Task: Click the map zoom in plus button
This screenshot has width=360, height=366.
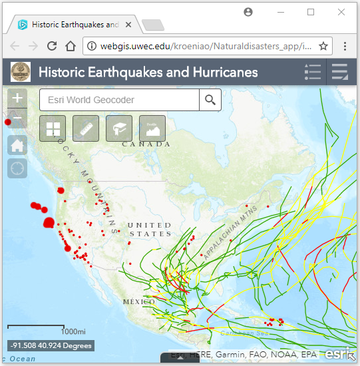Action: point(17,98)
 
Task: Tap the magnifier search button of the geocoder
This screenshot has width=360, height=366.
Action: point(210,100)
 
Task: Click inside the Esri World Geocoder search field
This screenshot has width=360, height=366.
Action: point(120,100)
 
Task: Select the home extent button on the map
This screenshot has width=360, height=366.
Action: point(17,144)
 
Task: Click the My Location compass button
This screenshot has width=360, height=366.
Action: point(17,168)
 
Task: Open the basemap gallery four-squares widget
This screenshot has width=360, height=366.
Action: point(53,128)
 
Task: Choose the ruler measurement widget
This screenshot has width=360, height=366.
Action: point(86,128)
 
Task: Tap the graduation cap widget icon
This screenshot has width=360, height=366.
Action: point(119,128)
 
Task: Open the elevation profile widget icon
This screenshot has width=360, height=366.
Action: point(152,128)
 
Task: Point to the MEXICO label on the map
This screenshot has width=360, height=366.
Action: point(139,301)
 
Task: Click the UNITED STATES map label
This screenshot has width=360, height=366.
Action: point(150,230)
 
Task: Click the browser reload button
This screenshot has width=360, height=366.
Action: point(51,46)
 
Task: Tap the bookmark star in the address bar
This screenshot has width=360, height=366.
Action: point(323,46)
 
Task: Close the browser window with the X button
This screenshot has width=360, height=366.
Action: point(341,12)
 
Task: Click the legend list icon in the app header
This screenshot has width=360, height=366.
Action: point(312,72)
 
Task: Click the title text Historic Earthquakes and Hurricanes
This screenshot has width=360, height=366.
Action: point(148,72)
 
